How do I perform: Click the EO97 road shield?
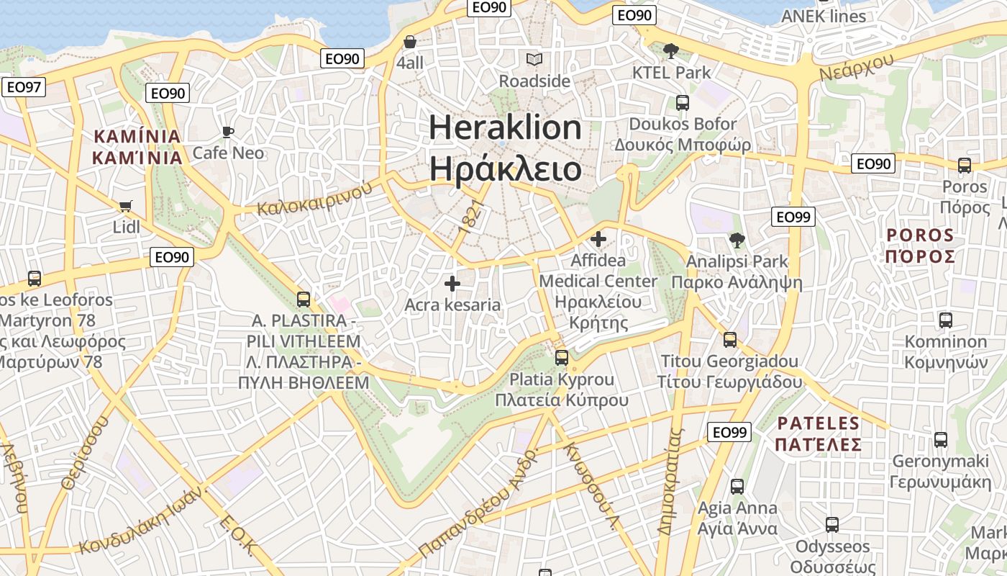(x=24, y=88)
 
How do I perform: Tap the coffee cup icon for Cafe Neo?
(x=227, y=132)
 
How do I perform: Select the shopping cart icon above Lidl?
(x=127, y=207)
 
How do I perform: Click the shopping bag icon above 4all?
(x=410, y=42)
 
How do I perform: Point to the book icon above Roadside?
(x=534, y=59)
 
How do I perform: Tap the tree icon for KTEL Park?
(x=671, y=50)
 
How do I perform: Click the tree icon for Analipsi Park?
(x=737, y=240)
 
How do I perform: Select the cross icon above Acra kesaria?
(x=452, y=284)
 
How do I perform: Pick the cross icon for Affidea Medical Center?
(x=598, y=239)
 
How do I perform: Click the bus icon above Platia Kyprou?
(x=562, y=357)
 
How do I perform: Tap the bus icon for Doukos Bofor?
(x=682, y=103)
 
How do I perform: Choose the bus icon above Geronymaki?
(x=940, y=439)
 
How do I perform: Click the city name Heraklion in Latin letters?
(x=505, y=127)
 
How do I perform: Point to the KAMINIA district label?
(x=137, y=136)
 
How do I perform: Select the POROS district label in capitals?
(x=920, y=235)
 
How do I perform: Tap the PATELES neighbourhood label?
(x=819, y=423)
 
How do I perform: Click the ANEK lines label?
(x=824, y=16)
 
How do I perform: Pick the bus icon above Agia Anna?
(x=737, y=487)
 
